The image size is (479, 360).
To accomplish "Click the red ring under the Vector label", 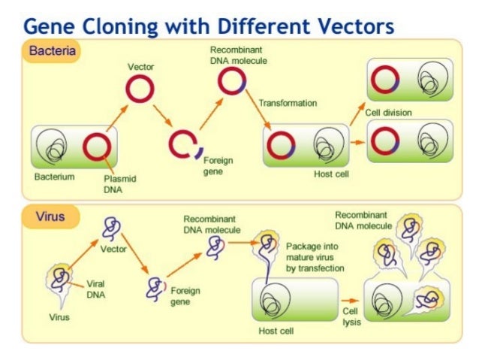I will click(x=139, y=89).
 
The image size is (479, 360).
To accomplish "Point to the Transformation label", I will click(x=288, y=102).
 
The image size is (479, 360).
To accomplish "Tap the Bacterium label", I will click(x=54, y=177).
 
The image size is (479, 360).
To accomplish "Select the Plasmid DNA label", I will click(x=119, y=184).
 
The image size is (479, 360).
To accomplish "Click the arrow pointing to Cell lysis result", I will click(x=351, y=299).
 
